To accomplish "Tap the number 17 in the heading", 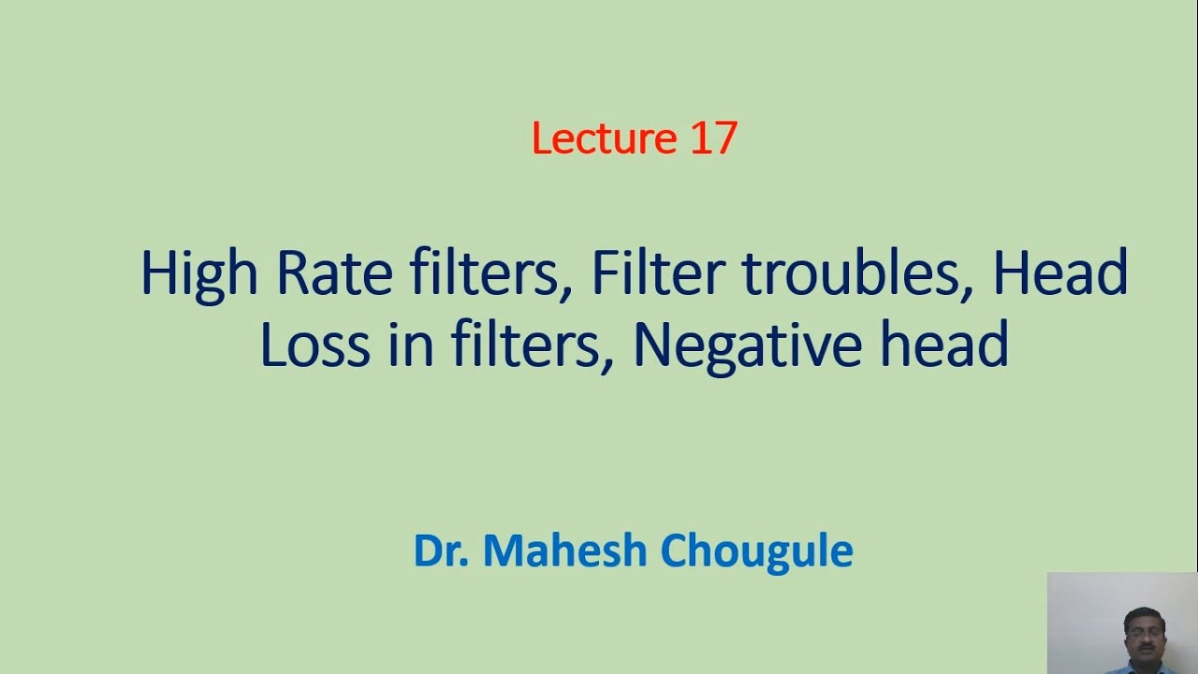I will coord(713,139).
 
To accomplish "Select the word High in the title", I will coord(198,275).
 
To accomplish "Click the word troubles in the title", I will coord(857,273).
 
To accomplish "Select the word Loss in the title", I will coord(314,344).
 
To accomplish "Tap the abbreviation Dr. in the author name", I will coord(441,550).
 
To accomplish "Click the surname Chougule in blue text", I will coord(756,551).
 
